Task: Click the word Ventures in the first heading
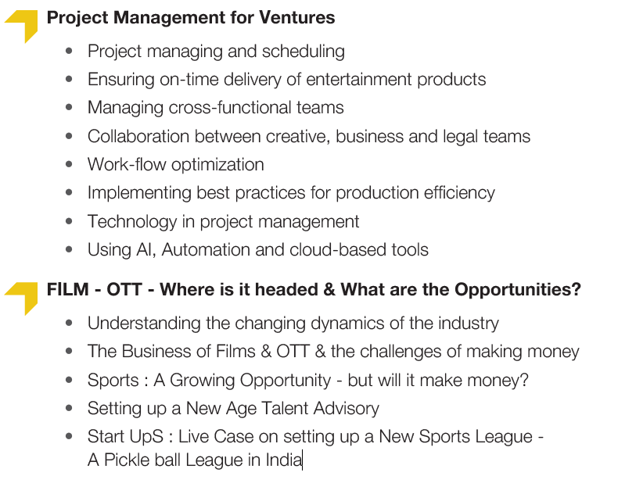click(296, 18)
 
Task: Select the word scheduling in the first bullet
click(303, 52)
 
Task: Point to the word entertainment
click(359, 80)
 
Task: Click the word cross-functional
click(230, 108)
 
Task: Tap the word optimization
click(218, 165)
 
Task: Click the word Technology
click(132, 222)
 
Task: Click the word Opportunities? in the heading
click(518, 290)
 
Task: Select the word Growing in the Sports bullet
click(202, 381)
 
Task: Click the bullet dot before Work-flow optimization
click(69, 164)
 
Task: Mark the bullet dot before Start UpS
click(69, 436)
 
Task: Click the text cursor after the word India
click(302, 460)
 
